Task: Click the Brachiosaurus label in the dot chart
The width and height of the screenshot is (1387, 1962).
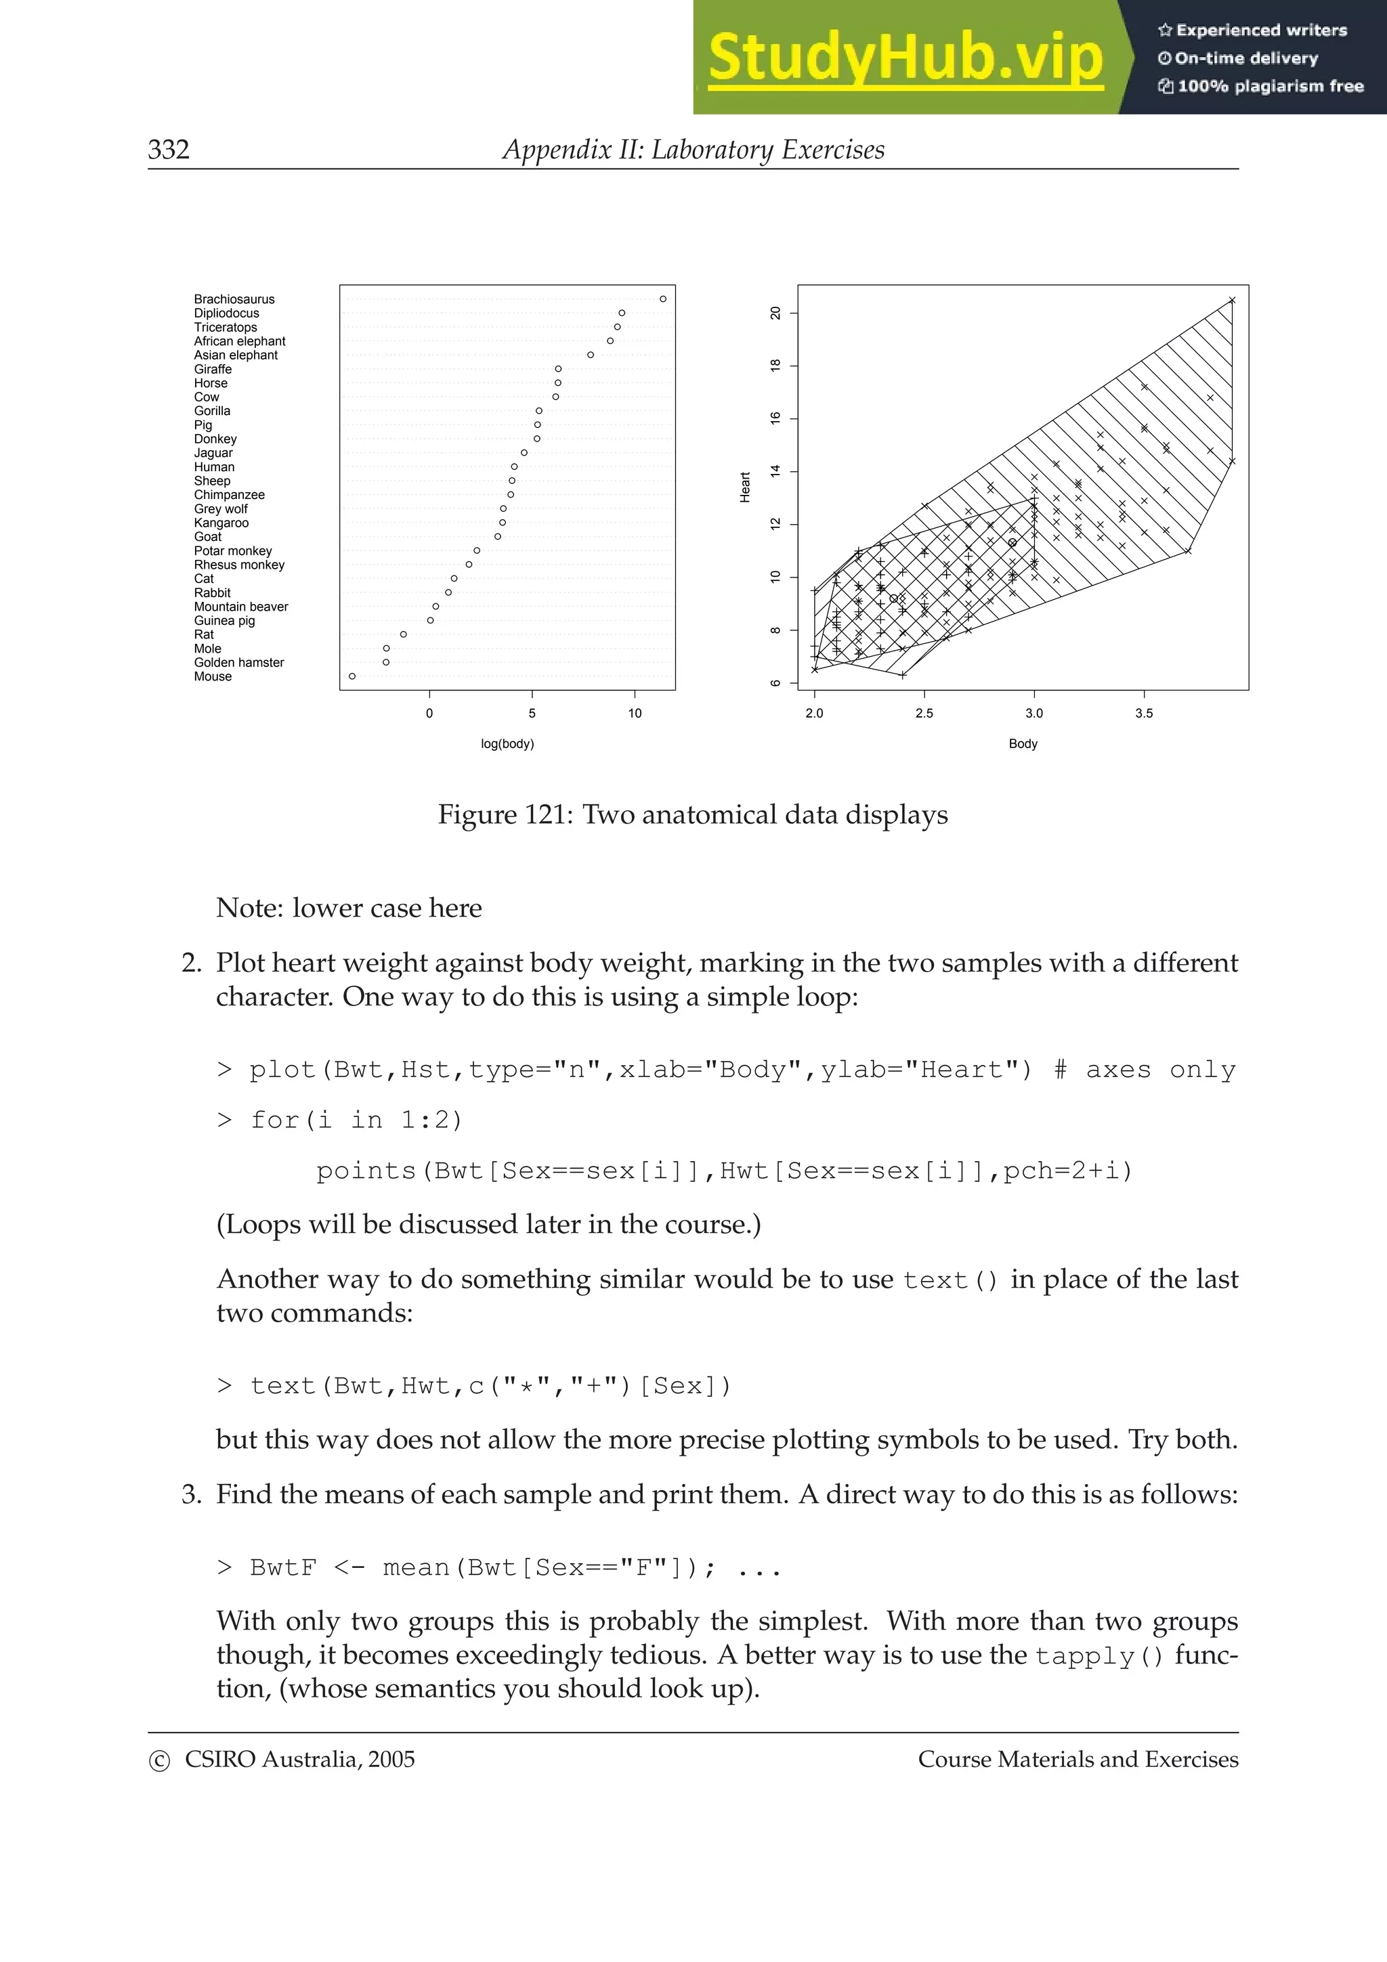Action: (x=234, y=299)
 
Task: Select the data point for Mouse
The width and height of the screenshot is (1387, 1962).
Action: (x=352, y=676)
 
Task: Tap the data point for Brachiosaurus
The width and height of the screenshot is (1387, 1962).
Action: (x=662, y=299)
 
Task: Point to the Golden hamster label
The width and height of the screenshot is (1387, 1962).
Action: (x=238, y=662)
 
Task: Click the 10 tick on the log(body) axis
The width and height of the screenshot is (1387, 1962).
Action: (x=634, y=714)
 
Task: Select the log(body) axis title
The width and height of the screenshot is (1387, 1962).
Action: (x=507, y=743)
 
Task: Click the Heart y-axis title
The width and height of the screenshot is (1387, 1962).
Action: (x=745, y=487)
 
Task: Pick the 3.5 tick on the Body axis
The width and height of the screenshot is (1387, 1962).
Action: (x=1143, y=714)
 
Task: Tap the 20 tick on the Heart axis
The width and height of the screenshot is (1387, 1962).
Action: (x=776, y=313)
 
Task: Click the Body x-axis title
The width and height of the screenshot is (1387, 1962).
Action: (x=1022, y=743)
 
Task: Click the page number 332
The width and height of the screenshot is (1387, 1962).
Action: (x=169, y=150)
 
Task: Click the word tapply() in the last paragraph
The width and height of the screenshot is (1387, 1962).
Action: (x=1099, y=1656)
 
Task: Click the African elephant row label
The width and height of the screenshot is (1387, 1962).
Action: (x=239, y=341)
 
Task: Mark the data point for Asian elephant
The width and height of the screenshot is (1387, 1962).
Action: (x=591, y=355)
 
